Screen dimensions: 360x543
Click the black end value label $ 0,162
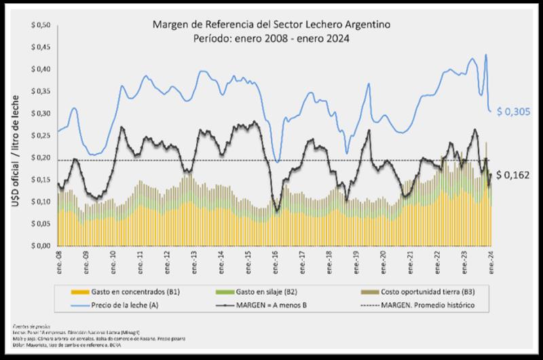pyautogui.click(x=513, y=175)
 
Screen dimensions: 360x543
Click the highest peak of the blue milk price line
pyautogui.click(x=485, y=54)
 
